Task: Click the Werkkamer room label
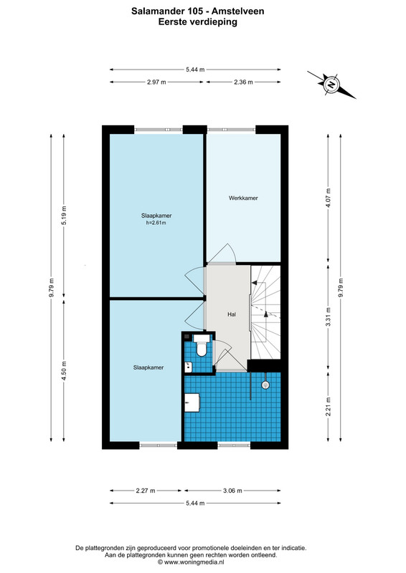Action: (243, 198)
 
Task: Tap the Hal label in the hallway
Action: (232, 314)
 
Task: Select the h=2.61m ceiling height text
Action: (156, 223)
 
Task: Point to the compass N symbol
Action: (331, 85)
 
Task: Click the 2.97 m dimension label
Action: (156, 82)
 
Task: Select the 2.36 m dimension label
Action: (243, 82)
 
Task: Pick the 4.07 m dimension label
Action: (328, 198)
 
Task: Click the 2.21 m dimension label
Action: (328, 406)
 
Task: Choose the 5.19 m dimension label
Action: (64, 216)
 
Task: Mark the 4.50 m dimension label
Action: (64, 371)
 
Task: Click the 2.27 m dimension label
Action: (146, 491)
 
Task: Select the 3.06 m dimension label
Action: (232, 491)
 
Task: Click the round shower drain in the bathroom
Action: (265, 385)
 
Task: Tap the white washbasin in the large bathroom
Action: (192, 403)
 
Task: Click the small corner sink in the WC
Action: (188, 367)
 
